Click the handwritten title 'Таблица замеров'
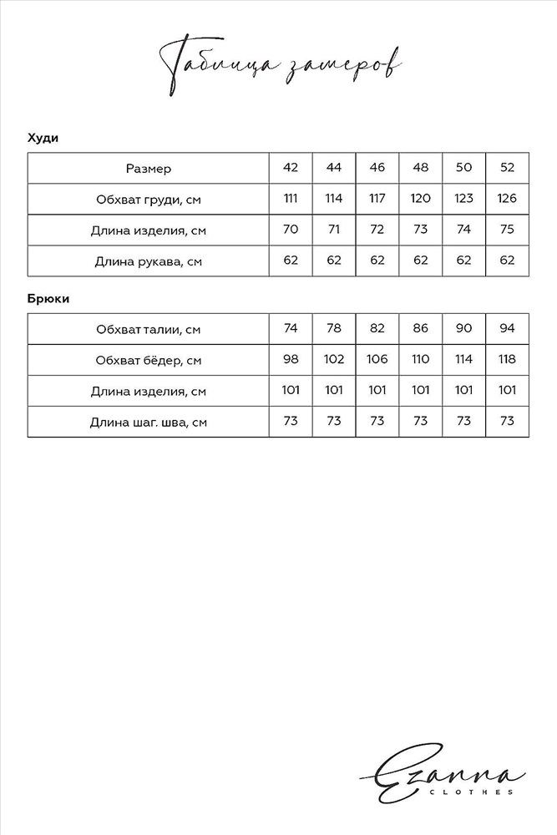(278, 65)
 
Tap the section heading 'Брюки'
(47, 298)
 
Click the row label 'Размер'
(148, 169)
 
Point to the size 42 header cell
(291, 168)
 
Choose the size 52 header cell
(507, 168)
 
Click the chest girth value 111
(291, 199)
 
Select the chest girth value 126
(507, 199)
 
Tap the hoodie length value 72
(377, 230)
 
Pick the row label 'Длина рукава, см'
(148, 261)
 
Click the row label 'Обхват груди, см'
(148, 200)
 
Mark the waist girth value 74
(291, 328)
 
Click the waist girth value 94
(507, 328)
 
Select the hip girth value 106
(377, 359)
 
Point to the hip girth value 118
(507, 359)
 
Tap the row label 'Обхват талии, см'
(148, 329)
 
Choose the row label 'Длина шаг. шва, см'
(148, 422)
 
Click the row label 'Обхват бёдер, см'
(148, 360)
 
